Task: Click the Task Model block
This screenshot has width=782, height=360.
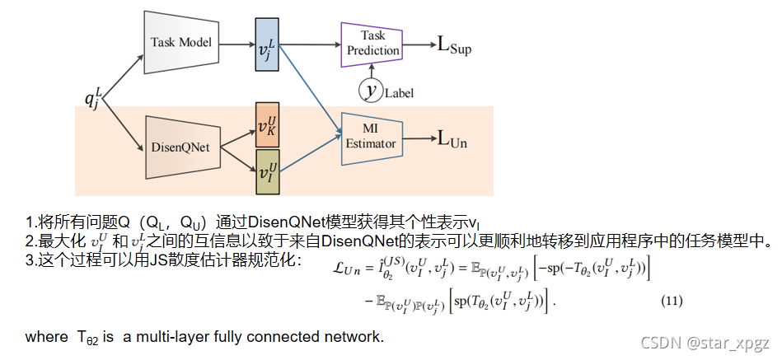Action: coord(180,42)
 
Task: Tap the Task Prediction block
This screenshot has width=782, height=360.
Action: coord(372,43)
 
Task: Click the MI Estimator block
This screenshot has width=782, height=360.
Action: coord(371,137)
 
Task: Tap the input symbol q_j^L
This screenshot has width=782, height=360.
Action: coord(93,100)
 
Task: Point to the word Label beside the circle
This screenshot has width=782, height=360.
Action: coord(399,93)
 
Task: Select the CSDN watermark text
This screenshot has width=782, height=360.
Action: coord(705,342)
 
